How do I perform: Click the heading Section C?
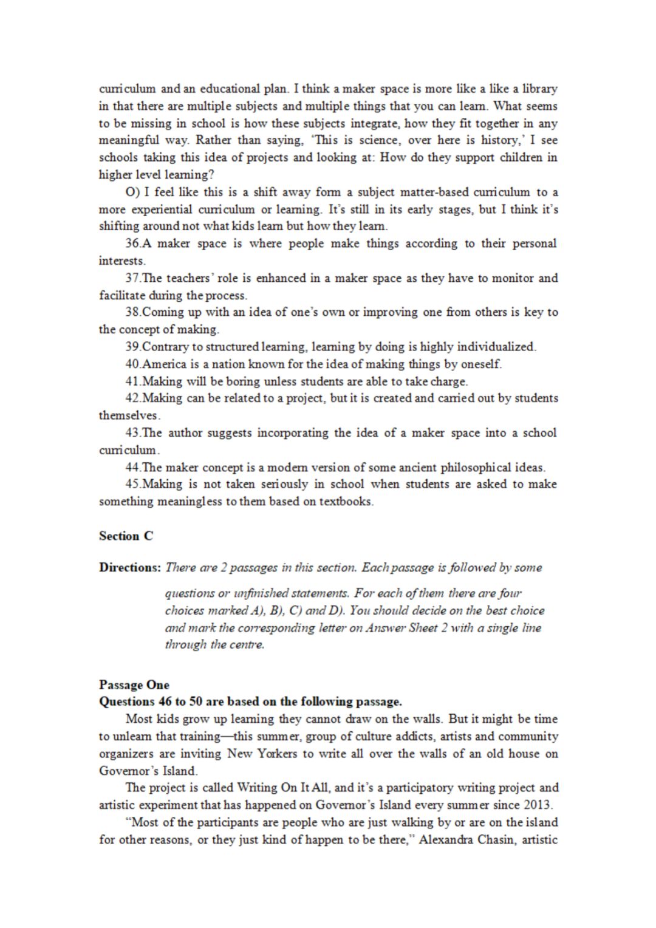(126, 536)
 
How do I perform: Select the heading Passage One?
(134, 685)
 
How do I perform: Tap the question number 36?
(132, 244)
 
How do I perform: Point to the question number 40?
(132, 364)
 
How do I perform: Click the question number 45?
(132, 484)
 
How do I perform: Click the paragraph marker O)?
(132, 193)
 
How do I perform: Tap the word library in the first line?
(539, 89)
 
